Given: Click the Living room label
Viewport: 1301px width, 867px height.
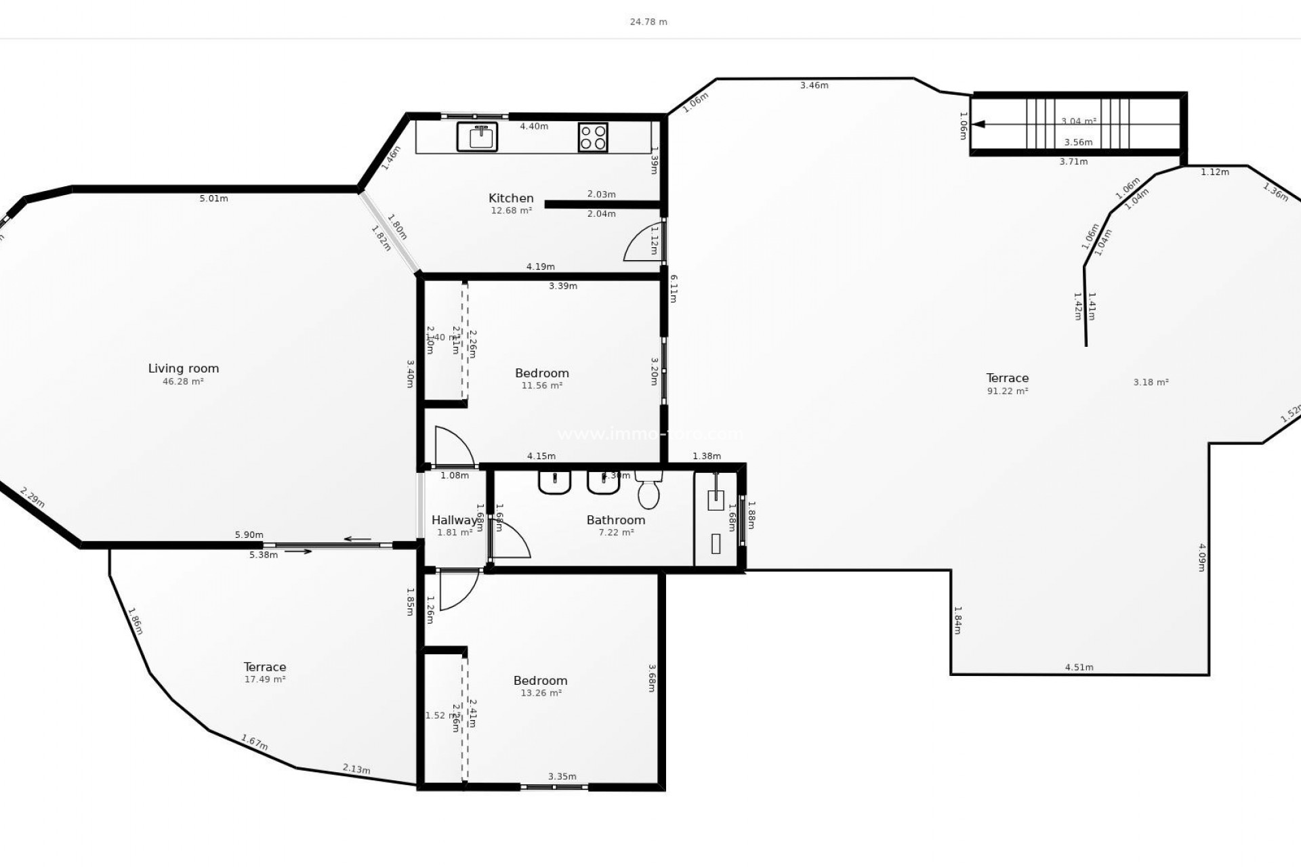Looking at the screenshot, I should [184, 368].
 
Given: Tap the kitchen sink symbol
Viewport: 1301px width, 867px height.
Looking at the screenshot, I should [477, 137].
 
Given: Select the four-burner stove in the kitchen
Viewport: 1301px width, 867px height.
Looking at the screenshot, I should [593, 137].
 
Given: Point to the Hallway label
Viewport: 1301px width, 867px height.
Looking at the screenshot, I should [455, 520].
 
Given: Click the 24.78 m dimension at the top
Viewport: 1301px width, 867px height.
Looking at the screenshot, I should [648, 22].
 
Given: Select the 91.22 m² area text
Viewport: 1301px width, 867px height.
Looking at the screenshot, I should [1008, 391].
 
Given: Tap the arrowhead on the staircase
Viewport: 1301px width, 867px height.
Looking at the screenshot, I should [979, 124].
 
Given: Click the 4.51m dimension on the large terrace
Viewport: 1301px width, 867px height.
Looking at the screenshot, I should [1079, 667].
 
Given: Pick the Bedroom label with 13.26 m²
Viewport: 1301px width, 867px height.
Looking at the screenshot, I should [540, 681].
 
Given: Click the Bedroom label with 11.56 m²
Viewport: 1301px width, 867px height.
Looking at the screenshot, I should [541, 373].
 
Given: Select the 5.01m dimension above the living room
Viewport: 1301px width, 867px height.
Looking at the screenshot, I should [213, 198].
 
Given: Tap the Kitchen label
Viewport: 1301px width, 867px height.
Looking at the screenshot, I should [511, 198].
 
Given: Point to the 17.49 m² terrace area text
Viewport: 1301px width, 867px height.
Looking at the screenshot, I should [265, 679].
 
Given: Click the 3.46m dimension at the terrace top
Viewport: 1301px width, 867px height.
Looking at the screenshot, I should [814, 85].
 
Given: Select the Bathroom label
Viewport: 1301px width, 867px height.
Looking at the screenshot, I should [615, 520].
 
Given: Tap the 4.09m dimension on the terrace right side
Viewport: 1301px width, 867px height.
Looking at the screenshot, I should [1201, 557].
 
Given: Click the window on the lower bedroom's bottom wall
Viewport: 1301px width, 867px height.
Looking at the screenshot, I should [554, 787].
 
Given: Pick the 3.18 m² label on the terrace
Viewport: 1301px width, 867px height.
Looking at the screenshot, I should [1151, 382].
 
